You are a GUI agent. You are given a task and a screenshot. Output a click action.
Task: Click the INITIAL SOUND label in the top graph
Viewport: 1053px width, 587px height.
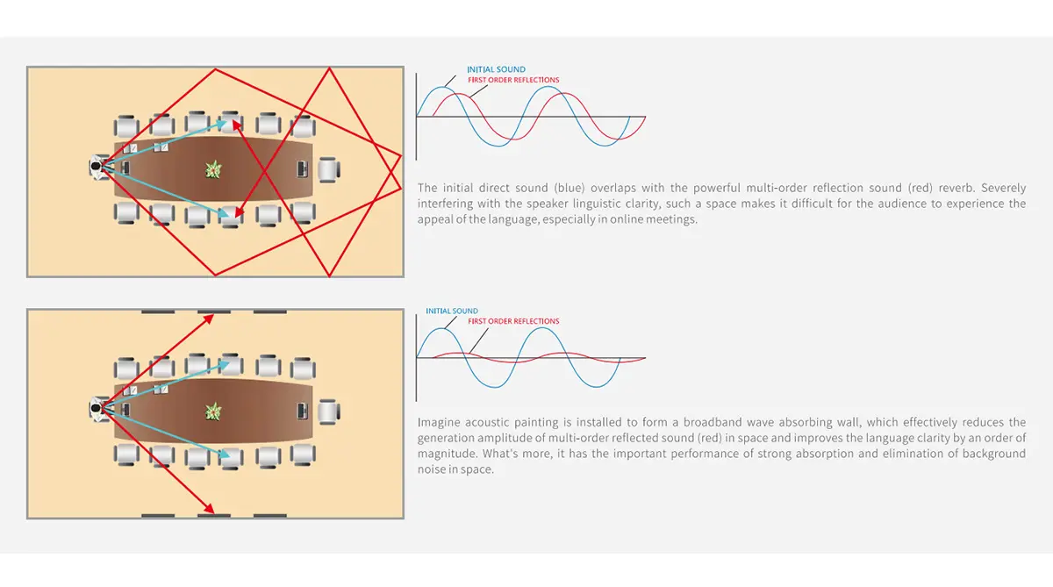point(496,69)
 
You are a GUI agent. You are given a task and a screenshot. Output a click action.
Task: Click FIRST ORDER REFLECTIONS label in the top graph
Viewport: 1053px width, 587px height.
point(513,80)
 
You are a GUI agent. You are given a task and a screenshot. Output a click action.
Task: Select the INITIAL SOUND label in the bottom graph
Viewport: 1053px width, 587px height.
point(452,311)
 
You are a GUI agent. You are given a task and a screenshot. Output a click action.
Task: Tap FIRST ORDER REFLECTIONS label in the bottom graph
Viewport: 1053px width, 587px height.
point(513,321)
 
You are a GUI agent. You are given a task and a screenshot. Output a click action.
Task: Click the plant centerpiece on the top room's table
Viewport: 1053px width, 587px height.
point(213,169)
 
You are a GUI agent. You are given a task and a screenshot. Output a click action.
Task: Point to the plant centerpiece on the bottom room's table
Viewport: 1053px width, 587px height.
point(213,412)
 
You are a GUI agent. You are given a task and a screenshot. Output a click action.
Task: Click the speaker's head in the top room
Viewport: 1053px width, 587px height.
point(96,167)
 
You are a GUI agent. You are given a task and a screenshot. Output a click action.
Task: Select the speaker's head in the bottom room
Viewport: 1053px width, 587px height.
point(96,408)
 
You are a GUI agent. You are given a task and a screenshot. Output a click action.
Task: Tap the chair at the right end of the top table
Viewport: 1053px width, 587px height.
point(328,169)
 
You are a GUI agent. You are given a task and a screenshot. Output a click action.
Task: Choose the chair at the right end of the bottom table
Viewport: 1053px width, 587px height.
point(328,412)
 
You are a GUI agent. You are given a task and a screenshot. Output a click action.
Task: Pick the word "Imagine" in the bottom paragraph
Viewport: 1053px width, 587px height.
point(436,423)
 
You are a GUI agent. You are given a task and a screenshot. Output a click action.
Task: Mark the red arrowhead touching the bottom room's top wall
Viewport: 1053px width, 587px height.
point(209,319)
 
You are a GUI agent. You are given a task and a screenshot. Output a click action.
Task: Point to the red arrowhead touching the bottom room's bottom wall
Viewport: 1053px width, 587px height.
point(209,509)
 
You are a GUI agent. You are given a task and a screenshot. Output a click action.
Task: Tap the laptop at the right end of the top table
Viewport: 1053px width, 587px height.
point(302,169)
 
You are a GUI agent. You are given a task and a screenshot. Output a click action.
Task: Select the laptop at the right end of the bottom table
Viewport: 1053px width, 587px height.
point(302,412)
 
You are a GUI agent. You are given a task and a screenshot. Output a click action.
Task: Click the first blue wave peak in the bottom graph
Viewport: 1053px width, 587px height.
point(442,329)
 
